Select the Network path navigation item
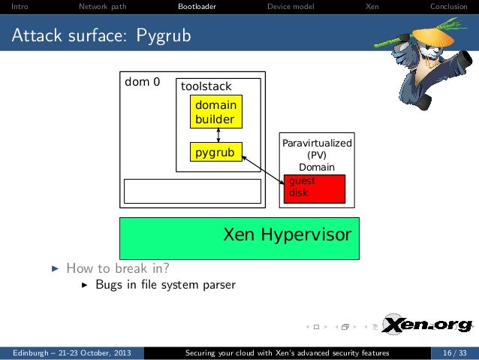pos(98,8)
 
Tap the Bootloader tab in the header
pos(197,8)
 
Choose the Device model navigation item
pos(291,8)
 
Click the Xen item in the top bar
pos(372,8)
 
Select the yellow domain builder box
pos(215,112)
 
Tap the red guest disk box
pos(314,188)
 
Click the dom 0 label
pos(142,82)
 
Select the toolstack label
pos(206,86)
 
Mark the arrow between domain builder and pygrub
pos(218,135)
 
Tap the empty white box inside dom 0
pos(192,191)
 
